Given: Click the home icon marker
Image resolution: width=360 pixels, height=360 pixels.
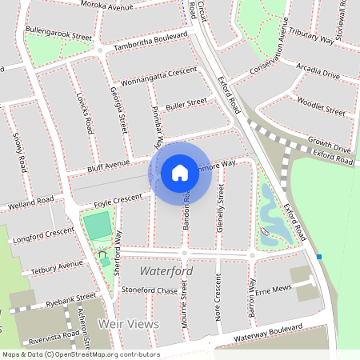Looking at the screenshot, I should (x=180, y=172).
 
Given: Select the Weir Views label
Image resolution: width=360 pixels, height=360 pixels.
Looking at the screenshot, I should (x=128, y=324).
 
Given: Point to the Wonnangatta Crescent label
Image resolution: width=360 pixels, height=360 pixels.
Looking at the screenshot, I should (x=158, y=76).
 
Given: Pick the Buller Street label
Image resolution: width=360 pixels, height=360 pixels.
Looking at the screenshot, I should (x=186, y=104).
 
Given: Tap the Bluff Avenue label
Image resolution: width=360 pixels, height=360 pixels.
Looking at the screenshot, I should (x=108, y=166).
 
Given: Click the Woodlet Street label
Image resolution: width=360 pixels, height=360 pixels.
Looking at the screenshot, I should (x=320, y=102).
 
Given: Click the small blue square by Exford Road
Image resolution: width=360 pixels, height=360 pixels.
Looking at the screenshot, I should (x=319, y=257).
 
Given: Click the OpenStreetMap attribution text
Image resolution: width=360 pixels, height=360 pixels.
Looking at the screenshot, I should (x=80, y=354).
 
